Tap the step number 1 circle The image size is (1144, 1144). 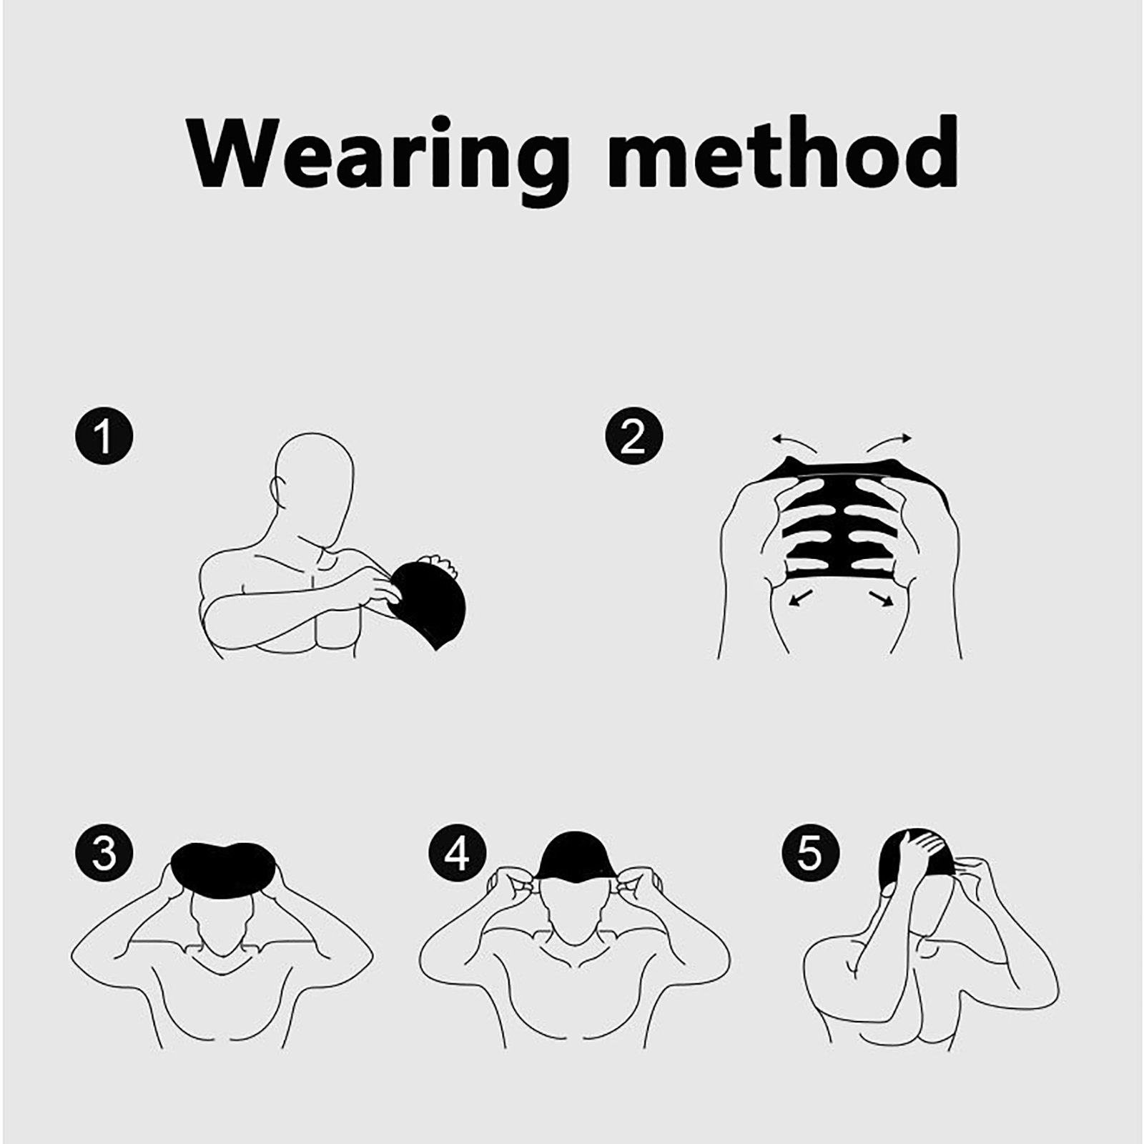pyautogui.click(x=104, y=436)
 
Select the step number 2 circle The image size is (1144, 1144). pyautogui.click(x=633, y=436)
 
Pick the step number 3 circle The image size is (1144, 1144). pyautogui.click(x=104, y=853)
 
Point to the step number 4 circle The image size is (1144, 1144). pyautogui.click(x=458, y=853)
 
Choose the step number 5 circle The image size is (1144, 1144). pyautogui.click(x=809, y=853)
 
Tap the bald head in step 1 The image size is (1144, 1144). pyautogui.click(x=313, y=478)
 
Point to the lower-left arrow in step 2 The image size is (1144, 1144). pyautogui.click(x=800, y=598)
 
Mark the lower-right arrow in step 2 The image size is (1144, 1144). pyautogui.click(x=882, y=598)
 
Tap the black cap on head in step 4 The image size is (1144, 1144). pyautogui.click(x=575, y=856)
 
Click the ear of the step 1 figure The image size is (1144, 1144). pyautogui.click(x=276, y=490)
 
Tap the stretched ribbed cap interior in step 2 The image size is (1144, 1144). pyautogui.click(x=841, y=522)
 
